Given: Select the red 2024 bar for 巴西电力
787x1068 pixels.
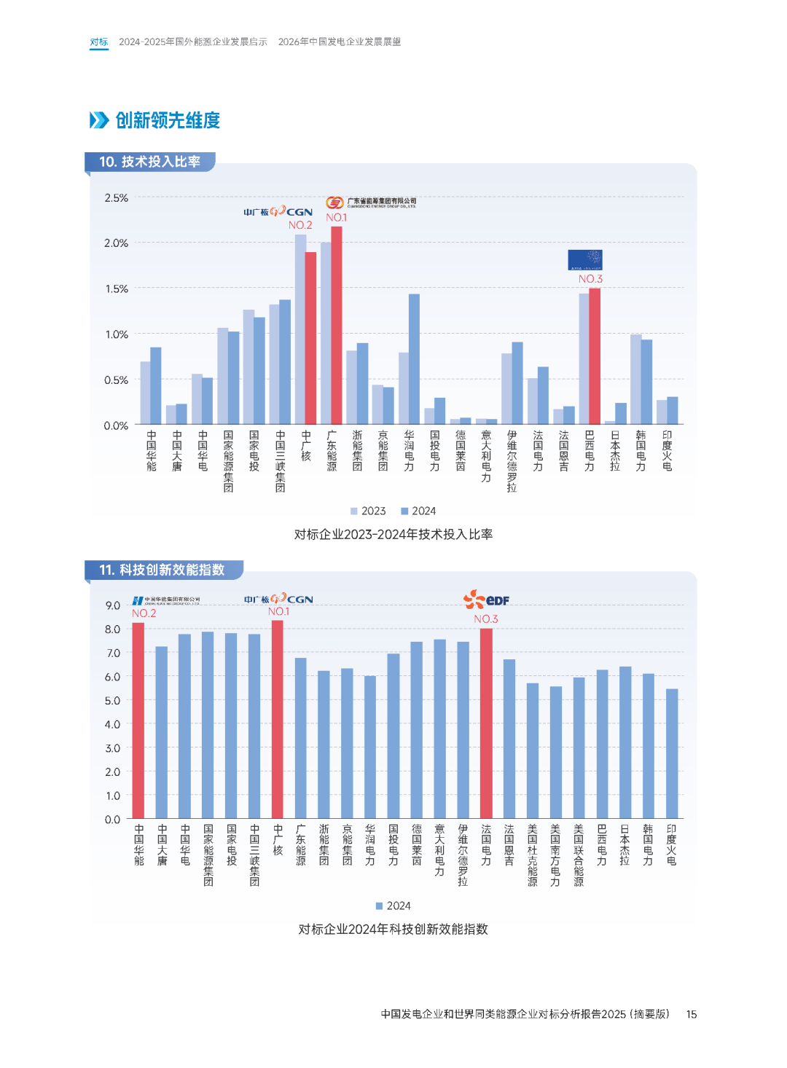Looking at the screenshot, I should [595, 356].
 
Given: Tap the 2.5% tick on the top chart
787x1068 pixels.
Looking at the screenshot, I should [116, 198].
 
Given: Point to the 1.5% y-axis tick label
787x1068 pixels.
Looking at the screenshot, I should [116, 289].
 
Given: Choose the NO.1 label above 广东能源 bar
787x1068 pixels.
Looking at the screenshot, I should [337, 218].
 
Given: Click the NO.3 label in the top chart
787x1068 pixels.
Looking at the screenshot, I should [590, 279].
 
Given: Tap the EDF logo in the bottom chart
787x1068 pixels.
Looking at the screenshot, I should [486, 600].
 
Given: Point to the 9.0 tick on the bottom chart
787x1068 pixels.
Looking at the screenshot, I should [112, 605].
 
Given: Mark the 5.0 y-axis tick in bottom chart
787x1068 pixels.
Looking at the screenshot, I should [112, 701].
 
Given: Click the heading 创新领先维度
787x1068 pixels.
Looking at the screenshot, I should [167, 120].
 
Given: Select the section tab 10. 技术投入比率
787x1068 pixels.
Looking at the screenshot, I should [149, 162].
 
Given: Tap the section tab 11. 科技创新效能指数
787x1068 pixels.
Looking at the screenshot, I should [162, 570].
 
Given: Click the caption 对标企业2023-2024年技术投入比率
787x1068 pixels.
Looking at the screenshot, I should [393, 535].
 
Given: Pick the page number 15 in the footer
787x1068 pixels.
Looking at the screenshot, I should [692, 1014].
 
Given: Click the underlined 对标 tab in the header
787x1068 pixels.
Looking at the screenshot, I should [99, 42].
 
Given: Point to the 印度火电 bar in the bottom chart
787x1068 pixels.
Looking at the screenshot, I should [672, 753].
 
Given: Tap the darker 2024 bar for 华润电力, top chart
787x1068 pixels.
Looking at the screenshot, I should [414, 359].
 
